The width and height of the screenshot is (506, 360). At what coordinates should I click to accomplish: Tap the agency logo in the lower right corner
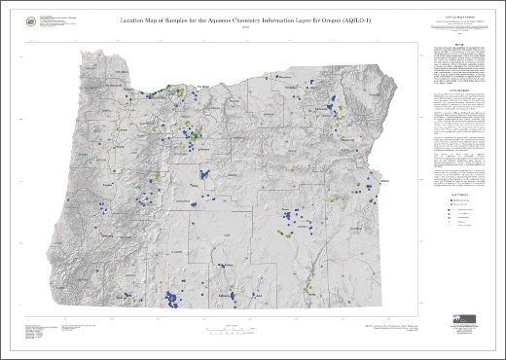pos(460,322)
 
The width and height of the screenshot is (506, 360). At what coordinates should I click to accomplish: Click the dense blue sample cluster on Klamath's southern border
pos(174,298)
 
